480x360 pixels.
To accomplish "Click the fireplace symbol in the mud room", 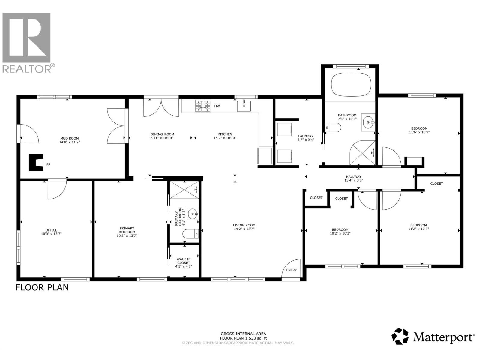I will point(36,163).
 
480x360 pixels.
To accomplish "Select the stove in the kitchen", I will point(203,106).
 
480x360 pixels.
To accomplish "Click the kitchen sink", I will point(244,106).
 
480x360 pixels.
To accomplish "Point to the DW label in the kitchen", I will point(217,106).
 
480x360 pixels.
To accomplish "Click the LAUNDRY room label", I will point(306,136).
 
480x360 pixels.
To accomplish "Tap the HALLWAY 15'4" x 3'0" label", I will point(353,178).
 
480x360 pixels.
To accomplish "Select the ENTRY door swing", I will point(291,270).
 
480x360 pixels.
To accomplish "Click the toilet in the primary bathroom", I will point(191,234).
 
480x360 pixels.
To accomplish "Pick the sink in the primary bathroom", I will point(193,214).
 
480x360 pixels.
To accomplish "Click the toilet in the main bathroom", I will point(333,128).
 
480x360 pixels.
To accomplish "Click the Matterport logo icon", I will point(400,336).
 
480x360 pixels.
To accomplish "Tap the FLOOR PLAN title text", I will point(42,287).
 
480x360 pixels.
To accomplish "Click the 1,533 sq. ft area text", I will point(243,338).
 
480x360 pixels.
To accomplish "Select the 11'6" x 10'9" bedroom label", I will point(418,132).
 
